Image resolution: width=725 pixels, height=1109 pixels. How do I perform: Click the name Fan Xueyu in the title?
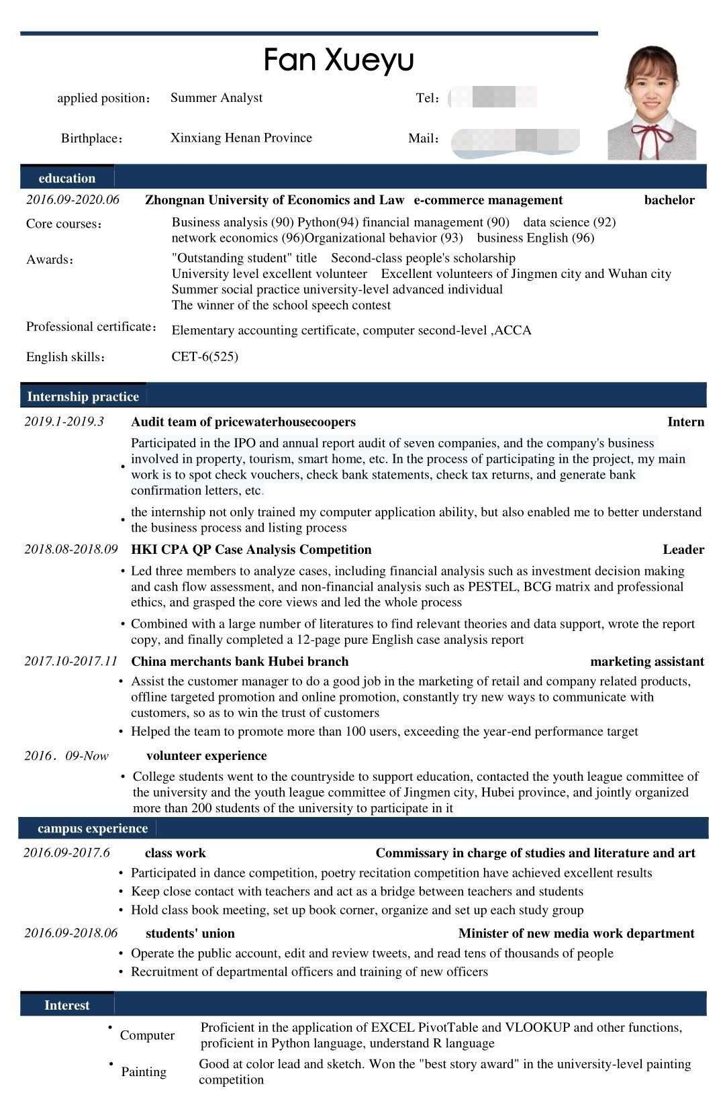338,60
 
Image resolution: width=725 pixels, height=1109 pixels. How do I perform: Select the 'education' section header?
67,178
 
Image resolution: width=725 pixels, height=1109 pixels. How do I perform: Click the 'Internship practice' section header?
83,396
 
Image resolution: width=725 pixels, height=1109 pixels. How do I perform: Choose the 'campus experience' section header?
93,828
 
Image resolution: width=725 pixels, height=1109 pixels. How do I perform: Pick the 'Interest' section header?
66,1005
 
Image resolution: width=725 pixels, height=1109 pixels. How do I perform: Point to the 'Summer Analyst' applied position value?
216,98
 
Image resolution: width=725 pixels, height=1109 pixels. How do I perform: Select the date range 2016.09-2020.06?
72,199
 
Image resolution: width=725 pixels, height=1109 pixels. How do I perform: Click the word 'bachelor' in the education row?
669,200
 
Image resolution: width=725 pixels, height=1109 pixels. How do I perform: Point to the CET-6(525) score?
205,356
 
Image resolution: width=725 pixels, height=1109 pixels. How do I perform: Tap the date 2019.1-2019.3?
64,422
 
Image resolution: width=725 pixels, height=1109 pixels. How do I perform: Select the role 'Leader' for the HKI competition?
683,550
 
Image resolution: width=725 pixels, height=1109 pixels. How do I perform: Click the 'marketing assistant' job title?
646,662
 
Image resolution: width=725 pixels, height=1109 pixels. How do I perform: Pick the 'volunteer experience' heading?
206,756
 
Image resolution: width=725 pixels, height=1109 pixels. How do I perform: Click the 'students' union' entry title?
190,933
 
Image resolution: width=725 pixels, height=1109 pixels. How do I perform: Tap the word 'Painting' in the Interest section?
144,1071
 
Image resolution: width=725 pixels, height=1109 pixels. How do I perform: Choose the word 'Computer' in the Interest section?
147,1035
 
